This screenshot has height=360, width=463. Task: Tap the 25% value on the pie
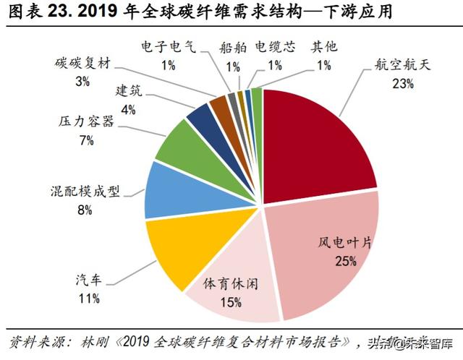(x=345, y=261)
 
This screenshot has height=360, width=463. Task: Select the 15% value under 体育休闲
(x=231, y=301)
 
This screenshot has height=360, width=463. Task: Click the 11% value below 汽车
(x=90, y=298)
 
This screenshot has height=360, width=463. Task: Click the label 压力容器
(x=86, y=122)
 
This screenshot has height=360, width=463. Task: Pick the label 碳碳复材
(x=82, y=64)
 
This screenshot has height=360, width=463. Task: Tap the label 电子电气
(x=168, y=48)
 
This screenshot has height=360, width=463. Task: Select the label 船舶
(x=233, y=48)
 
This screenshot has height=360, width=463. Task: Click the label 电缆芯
(x=275, y=48)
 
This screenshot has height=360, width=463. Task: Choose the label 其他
(x=323, y=48)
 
